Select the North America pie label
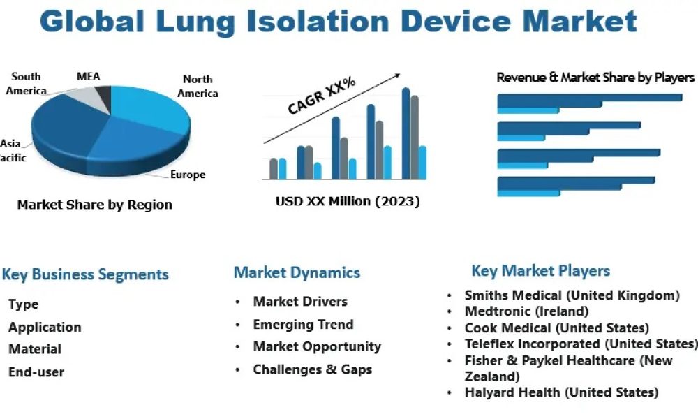(198, 87)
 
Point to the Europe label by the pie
(188, 175)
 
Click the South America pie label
(27, 84)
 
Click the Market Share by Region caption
(94, 205)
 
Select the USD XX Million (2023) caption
(348, 202)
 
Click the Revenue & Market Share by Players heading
(595, 78)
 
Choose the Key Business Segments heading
(85, 274)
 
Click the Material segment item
(35, 349)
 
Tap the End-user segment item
(36, 372)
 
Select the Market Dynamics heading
(297, 272)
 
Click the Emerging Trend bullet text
(303, 324)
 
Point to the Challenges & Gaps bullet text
(312, 369)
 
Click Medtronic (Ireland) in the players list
(526, 311)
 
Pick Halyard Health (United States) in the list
(561, 392)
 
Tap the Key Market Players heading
(540, 271)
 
